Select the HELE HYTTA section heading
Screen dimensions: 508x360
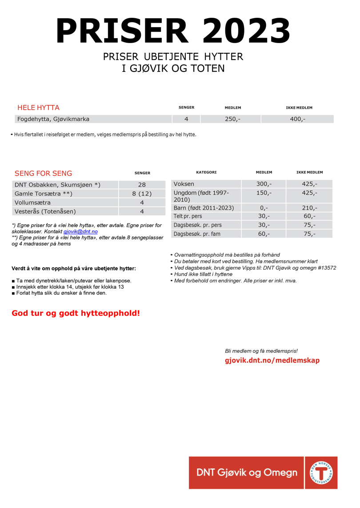click(x=38, y=107)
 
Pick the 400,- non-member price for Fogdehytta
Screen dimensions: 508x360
click(x=298, y=119)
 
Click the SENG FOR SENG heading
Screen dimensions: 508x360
click(x=43, y=173)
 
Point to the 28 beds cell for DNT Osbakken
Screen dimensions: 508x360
click(x=142, y=185)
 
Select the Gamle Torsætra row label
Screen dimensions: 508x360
click(x=43, y=194)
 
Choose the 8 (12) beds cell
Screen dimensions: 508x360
click(x=142, y=194)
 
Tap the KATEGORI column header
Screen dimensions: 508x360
click(x=206, y=172)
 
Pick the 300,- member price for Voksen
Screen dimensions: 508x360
click(x=264, y=184)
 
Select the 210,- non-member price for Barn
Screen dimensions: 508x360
click(x=309, y=208)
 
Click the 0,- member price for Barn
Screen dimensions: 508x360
click(x=264, y=208)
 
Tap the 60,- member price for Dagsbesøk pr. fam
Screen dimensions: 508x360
click(x=264, y=234)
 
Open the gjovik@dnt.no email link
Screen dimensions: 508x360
click(x=80, y=232)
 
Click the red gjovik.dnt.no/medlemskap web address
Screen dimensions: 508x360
click(x=272, y=360)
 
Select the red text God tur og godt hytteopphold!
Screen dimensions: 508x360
click(x=76, y=313)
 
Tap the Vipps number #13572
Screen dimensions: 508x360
click(x=325, y=268)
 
